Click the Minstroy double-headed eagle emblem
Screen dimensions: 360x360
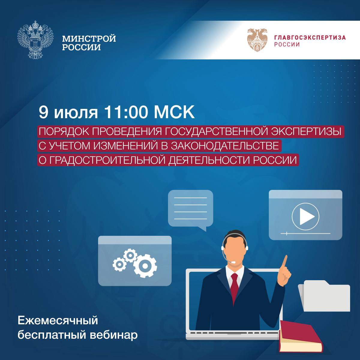click(35, 40)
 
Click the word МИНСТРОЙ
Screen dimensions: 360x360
click(89, 38)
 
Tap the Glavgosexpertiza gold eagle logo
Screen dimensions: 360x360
click(257, 40)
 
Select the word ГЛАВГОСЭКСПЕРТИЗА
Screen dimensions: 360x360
click(310, 37)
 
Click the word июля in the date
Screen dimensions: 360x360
click(76, 113)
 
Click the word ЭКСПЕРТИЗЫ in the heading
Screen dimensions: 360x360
click(306, 131)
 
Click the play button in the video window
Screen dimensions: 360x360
click(305, 217)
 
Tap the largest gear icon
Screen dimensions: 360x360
click(145, 266)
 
